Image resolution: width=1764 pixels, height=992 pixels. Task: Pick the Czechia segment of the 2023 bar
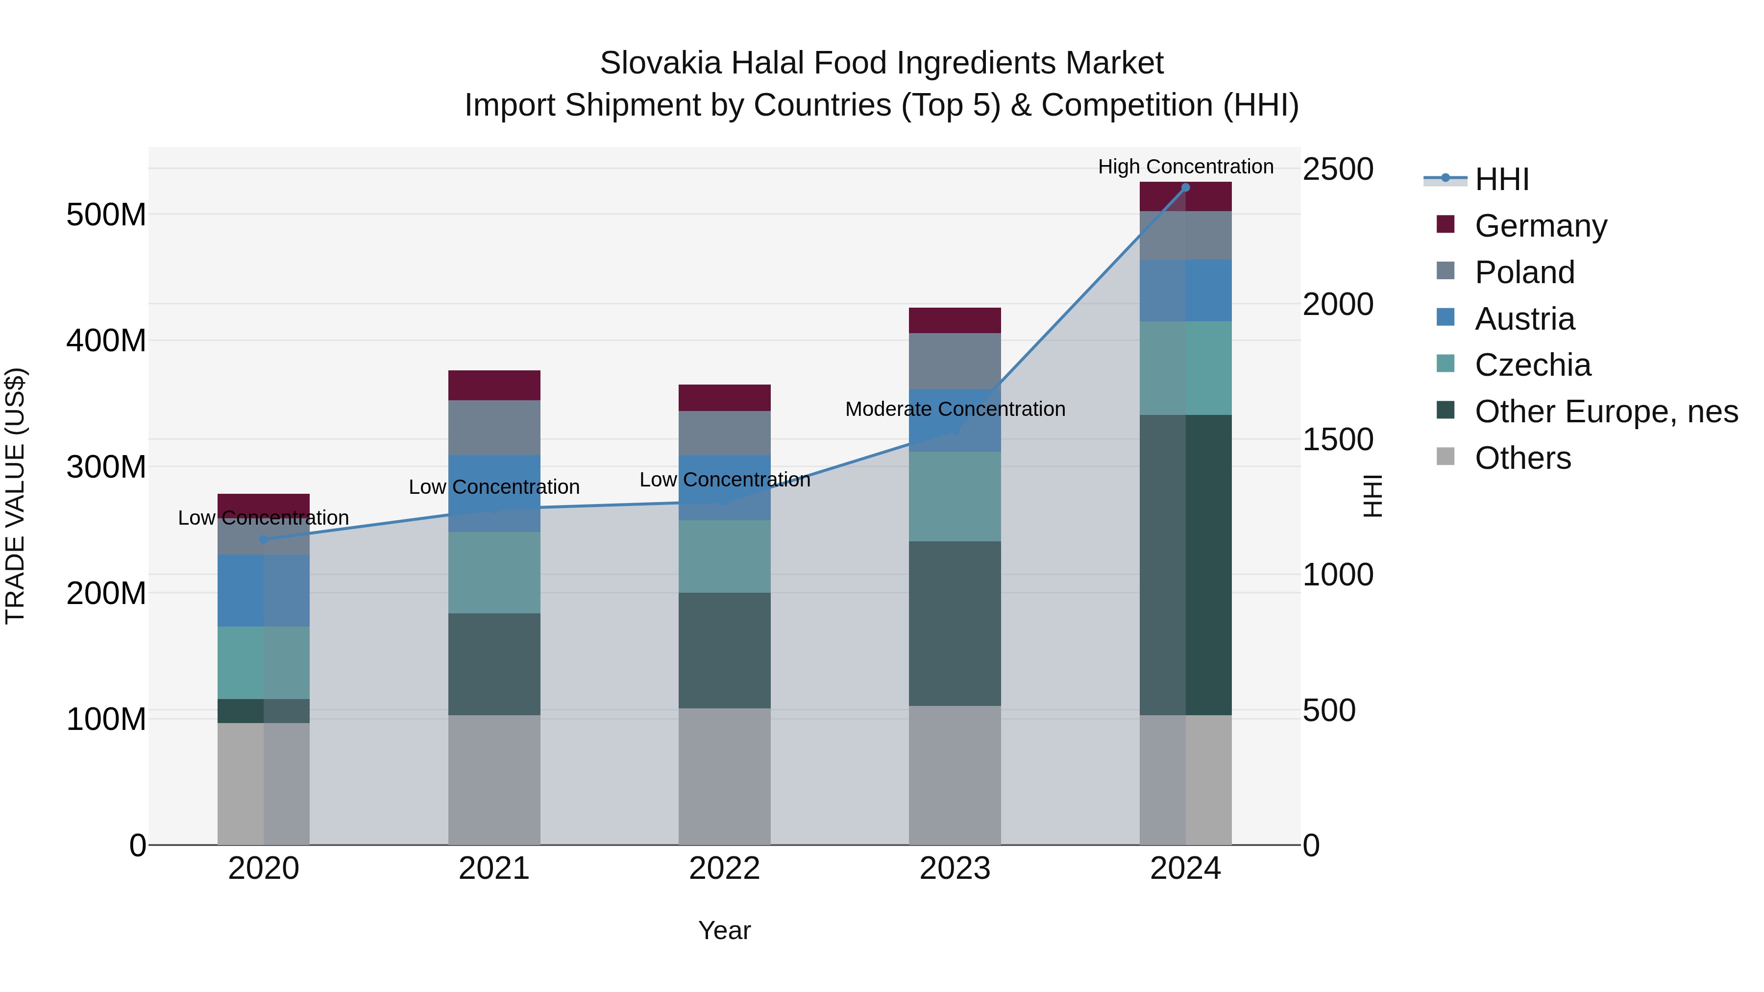[955, 496]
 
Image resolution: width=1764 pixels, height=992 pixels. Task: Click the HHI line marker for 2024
[1185, 187]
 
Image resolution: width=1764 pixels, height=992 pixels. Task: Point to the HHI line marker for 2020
[264, 539]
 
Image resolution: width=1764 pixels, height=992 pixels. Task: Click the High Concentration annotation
[1185, 167]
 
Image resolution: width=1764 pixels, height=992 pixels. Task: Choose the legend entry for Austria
[1524, 319]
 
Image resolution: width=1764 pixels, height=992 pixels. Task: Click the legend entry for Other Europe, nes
[1606, 411]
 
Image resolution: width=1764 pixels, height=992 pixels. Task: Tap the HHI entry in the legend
[1501, 179]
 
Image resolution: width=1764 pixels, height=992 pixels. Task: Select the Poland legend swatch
[1445, 271]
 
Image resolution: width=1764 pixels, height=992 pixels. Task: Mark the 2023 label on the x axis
[955, 869]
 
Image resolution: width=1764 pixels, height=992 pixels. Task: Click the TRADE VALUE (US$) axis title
[15, 496]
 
